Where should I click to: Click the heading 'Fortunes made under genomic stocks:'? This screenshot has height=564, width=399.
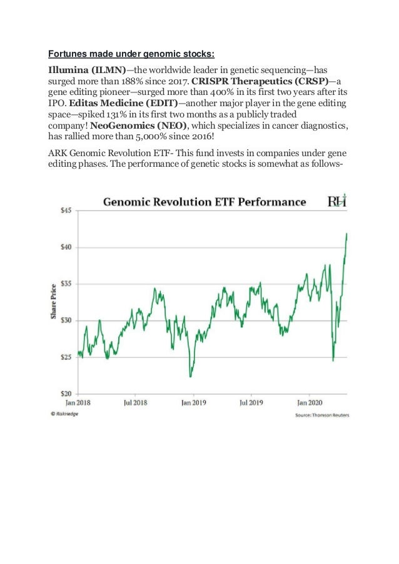(x=131, y=52)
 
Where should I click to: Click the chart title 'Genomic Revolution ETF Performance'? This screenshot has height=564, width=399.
(x=204, y=202)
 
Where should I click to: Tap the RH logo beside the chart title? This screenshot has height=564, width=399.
(x=337, y=201)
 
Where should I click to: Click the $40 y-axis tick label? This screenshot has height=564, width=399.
(x=66, y=247)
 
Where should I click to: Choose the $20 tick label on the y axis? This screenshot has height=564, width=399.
(x=66, y=393)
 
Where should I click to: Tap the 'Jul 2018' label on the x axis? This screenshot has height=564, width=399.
(x=136, y=403)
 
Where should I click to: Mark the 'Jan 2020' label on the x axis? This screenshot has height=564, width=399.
(x=309, y=403)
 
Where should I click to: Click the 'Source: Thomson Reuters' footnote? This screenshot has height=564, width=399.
(x=321, y=415)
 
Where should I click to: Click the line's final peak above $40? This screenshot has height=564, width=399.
(x=346, y=234)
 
